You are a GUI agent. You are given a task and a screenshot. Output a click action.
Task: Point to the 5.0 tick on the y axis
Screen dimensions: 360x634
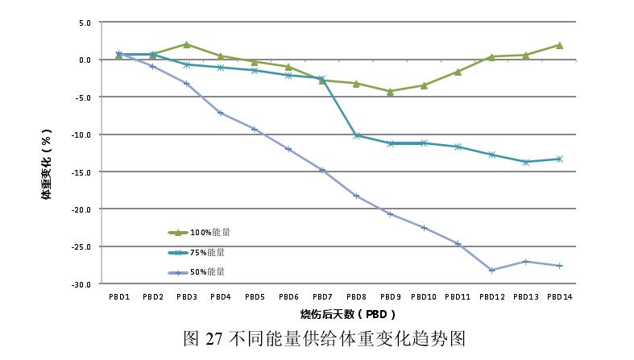tap(84, 23)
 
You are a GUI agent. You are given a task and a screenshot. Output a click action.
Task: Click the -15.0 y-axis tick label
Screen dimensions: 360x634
tap(81, 172)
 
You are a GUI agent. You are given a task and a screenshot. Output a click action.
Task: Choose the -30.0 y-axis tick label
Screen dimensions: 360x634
tap(81, 283)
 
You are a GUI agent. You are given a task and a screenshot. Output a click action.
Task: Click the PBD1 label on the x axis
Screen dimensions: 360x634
tap(119, 297)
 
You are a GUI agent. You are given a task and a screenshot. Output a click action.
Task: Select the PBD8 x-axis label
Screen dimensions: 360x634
tap(356, 297)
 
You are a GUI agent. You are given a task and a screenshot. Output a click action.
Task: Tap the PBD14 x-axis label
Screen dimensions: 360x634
tap(559, 297)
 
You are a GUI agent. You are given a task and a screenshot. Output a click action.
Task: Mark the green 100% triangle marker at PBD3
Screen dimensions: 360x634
tap(187, 44)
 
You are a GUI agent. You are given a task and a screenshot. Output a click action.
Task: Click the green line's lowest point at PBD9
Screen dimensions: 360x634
tap(390, 91)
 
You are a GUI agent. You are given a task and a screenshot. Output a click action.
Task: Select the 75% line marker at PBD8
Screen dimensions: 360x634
tap(356, 135)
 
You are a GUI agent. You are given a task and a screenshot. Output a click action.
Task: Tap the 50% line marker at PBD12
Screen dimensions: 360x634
tap(491, 270)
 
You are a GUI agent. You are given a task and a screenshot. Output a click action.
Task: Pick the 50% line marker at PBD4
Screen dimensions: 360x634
tap(221, 113)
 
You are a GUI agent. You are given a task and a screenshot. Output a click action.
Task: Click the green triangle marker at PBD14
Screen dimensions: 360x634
tap(559, 45)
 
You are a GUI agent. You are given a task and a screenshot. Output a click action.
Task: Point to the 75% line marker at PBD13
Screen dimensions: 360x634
tap(525, 162)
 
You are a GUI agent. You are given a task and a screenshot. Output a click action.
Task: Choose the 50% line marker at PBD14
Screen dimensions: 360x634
tap(559, 266)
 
